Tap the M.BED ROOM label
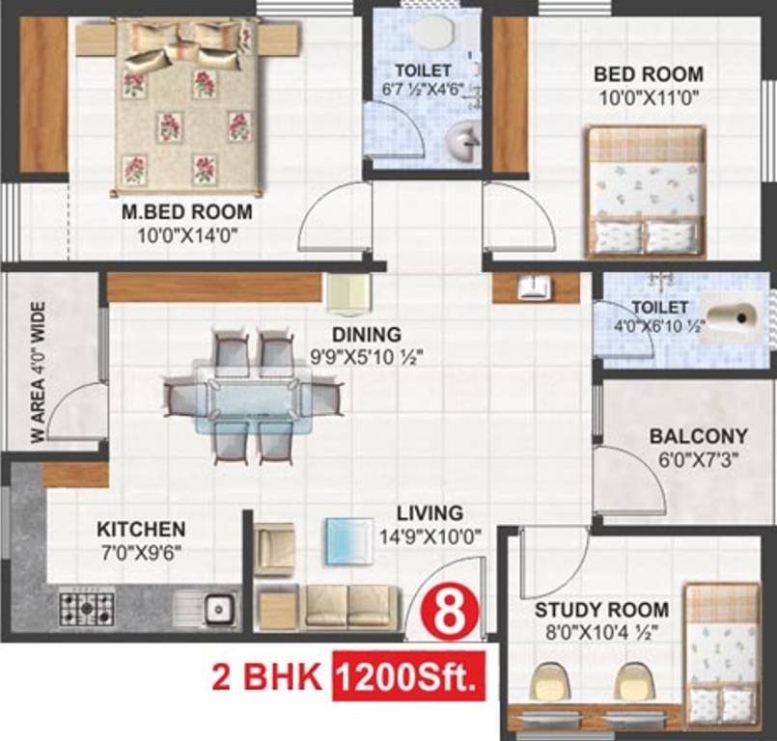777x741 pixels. point(187,211)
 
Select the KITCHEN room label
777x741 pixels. point(141,529)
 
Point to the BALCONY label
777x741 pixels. point(698,436)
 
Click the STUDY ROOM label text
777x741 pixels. point(601,610)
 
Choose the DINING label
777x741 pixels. point(366,335)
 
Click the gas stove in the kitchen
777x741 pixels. point(86,608)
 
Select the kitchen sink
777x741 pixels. point(217,608)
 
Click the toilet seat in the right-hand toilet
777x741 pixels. point(732,320)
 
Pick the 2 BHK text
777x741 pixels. point(266,678)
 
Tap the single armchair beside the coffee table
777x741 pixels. point(275,550)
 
